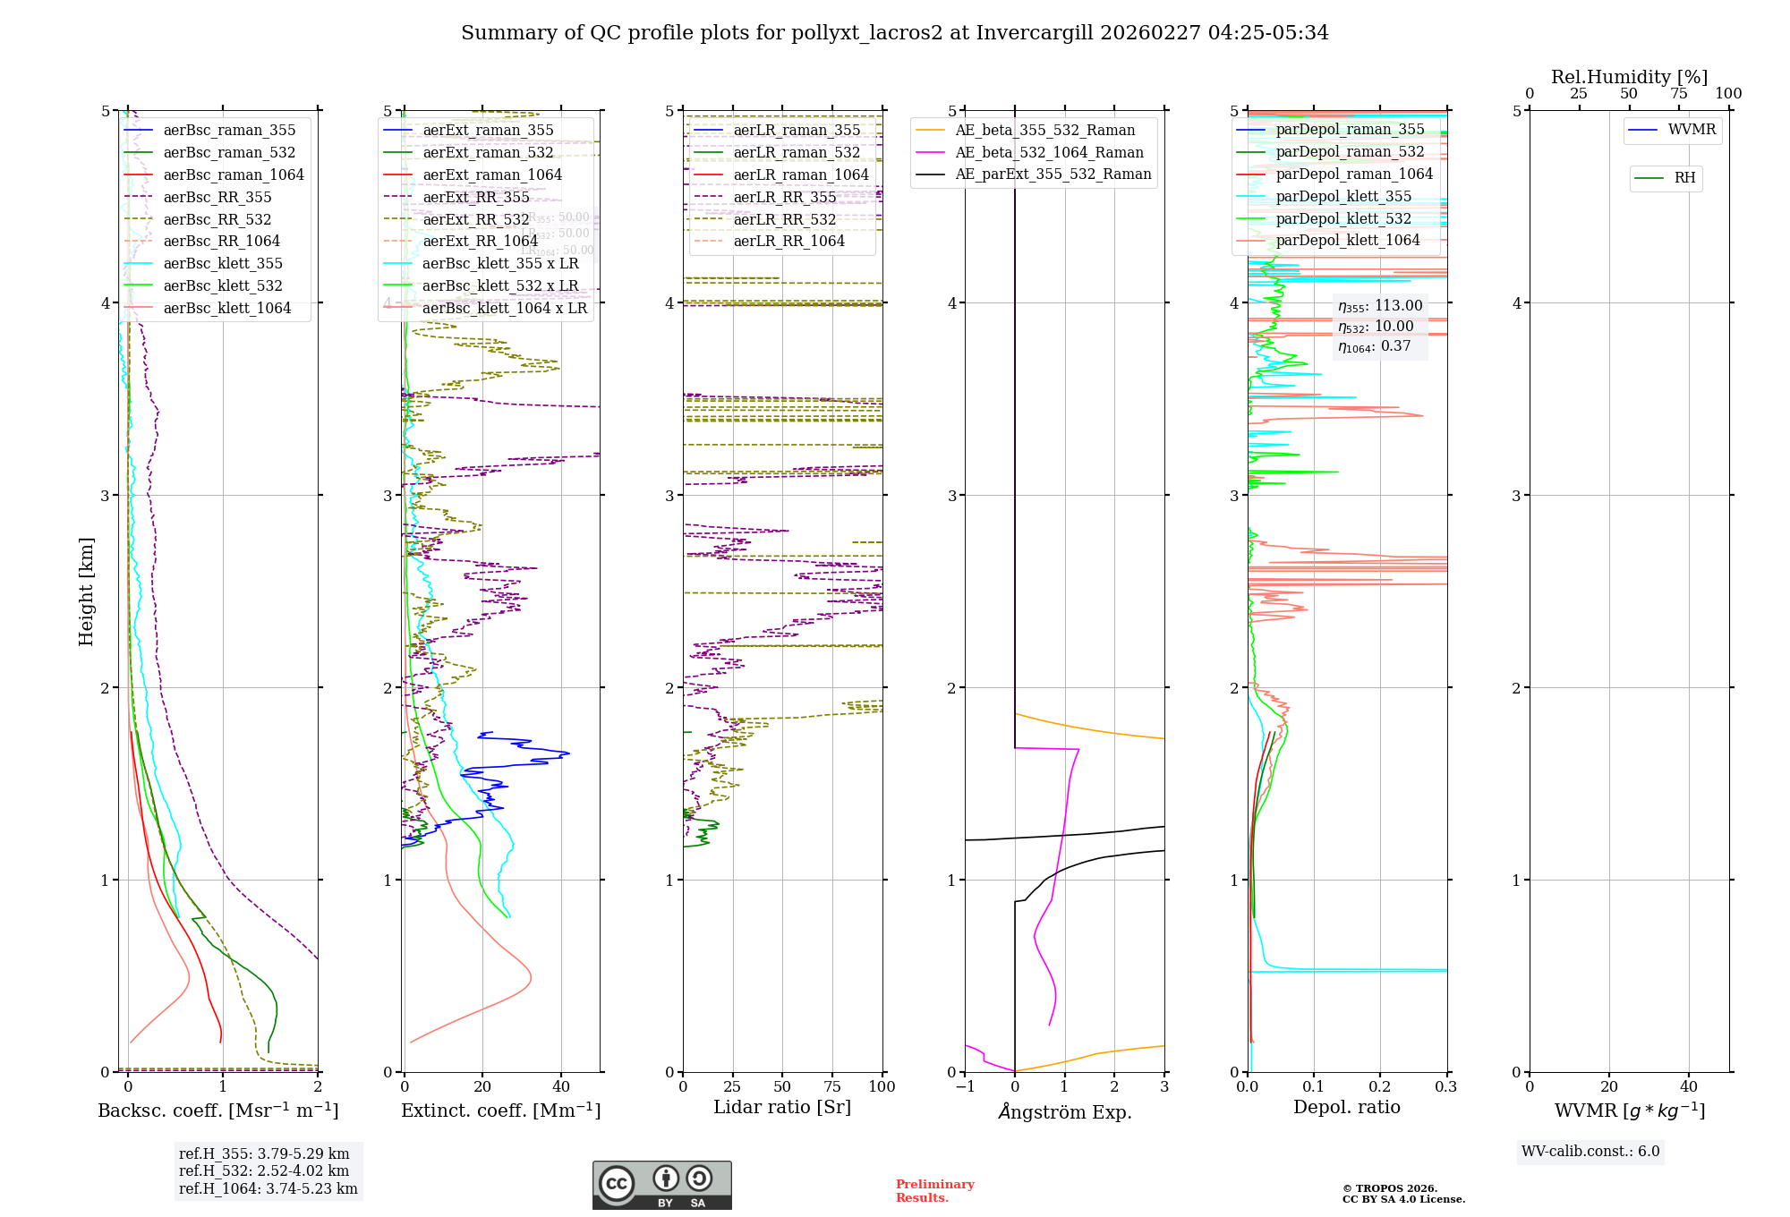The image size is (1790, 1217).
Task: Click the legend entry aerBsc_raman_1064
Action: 233,174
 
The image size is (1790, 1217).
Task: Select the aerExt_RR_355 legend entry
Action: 475,197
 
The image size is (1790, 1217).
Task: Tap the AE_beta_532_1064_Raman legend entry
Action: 1049,152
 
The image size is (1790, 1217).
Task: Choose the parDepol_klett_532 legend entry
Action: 1342,218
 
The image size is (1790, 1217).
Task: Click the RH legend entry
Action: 1684,178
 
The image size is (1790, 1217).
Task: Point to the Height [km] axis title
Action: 86,591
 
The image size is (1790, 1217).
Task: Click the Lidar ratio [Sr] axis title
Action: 781,1107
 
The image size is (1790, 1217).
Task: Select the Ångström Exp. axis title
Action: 1064,1111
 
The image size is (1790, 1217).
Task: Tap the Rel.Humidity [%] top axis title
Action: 1629,77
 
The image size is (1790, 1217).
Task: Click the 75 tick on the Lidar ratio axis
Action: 832,1086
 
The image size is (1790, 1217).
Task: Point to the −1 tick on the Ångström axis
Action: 965,1086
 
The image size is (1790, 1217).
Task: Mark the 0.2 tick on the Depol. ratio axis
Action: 1380,1086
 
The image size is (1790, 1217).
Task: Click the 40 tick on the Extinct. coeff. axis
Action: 561,1086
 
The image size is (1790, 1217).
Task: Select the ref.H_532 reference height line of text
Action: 263,1170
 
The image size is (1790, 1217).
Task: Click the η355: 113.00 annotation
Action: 1379,306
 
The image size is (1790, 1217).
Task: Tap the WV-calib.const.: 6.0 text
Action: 1590,1152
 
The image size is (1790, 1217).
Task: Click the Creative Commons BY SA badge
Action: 661,1185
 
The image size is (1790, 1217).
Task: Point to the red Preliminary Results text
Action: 934,1191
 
